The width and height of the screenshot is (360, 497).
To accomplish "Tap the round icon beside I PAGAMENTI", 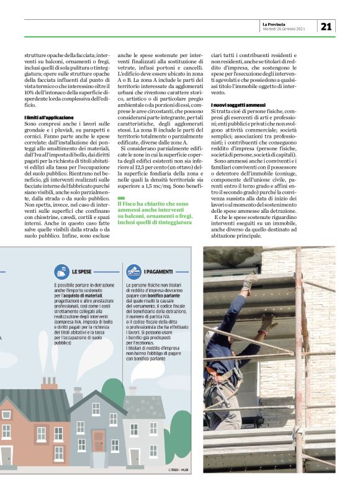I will [x=133, y=271].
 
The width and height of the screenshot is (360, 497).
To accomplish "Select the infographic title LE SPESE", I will [x=82, y=272].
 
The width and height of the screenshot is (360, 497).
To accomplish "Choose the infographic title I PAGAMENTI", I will [x=159, y=272].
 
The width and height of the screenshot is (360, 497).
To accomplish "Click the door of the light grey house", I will [x=134, y=456].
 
